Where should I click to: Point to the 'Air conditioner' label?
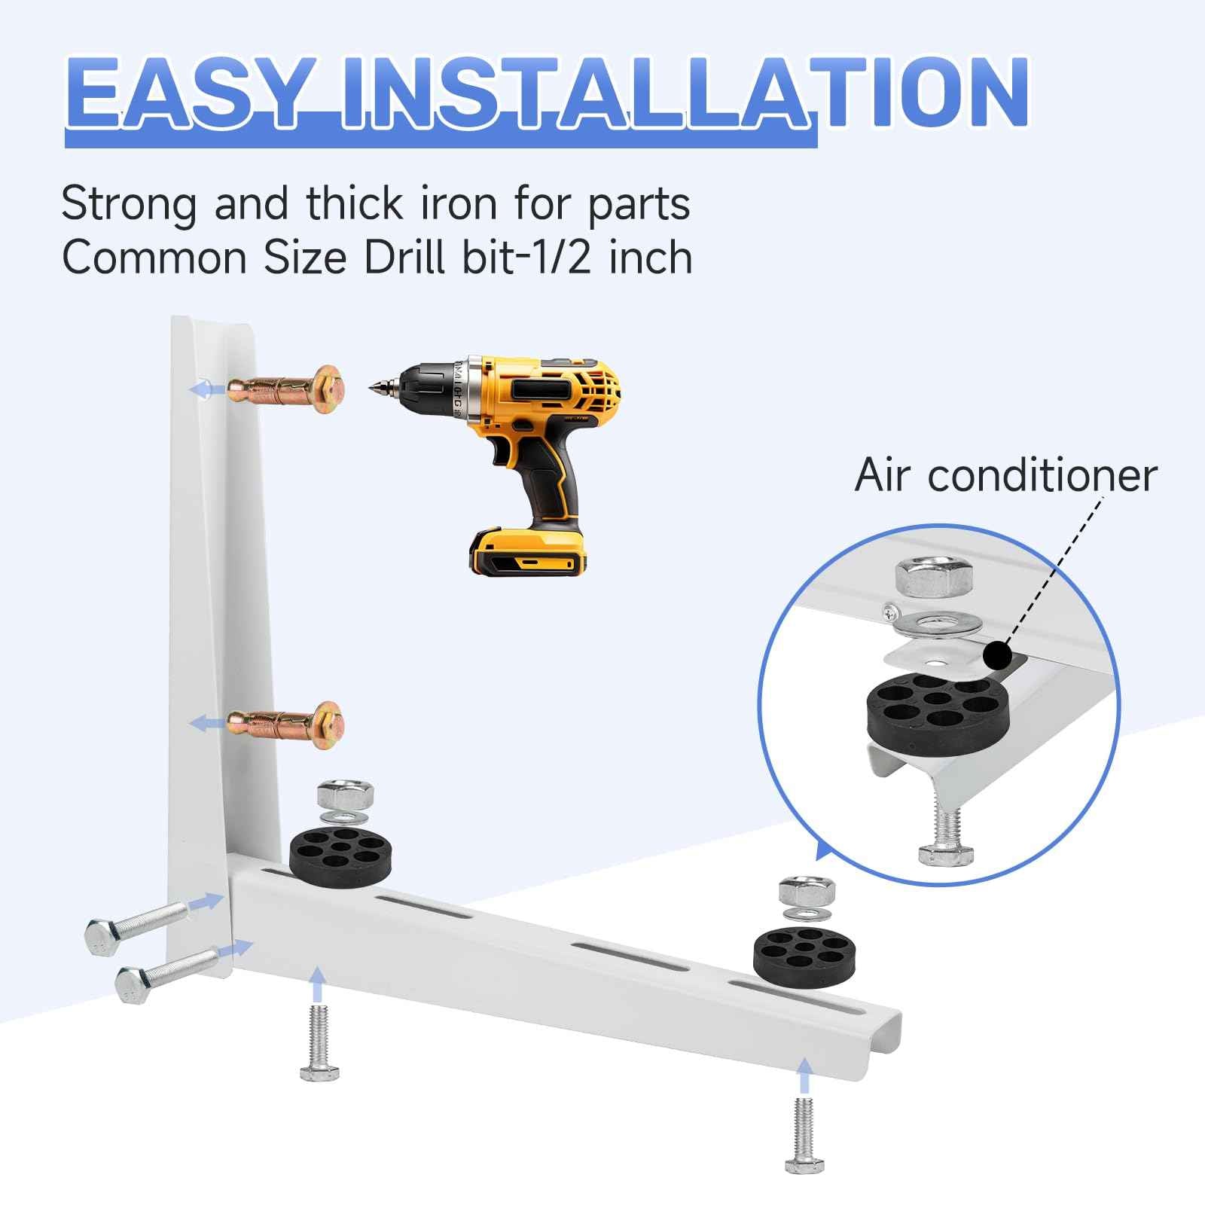(1005, 476)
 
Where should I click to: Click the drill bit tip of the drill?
(374, 389)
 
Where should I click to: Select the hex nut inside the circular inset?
(937, 578)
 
